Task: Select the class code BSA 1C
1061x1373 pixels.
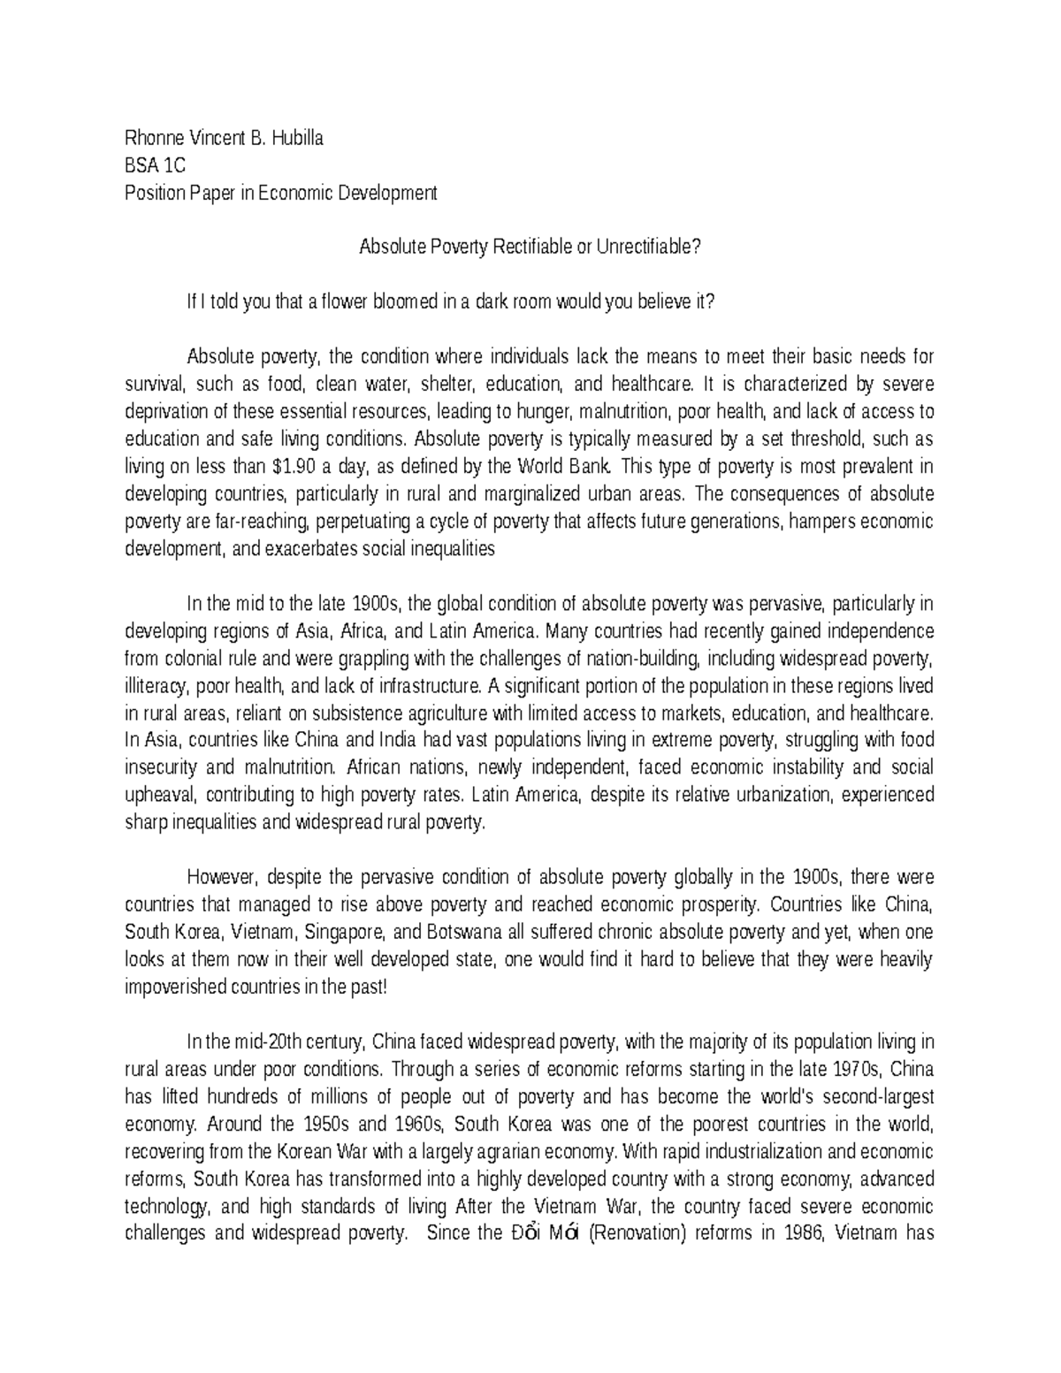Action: coord(155,164)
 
